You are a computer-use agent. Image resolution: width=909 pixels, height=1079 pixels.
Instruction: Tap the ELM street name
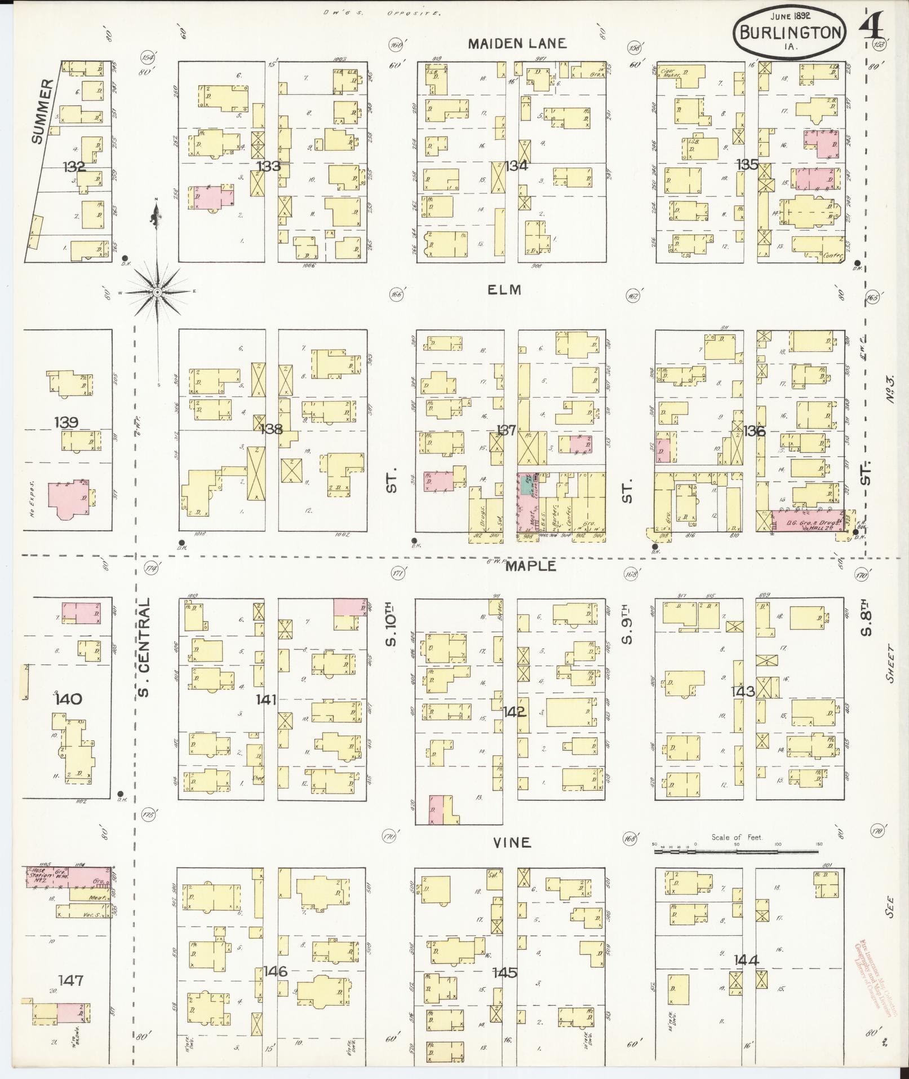(505, 290)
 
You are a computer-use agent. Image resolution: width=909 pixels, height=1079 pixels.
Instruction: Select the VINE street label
(511, 842)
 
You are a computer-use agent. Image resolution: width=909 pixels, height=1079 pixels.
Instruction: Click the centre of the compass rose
(158, 292)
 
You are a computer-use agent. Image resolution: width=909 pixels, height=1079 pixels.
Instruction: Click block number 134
(515, 166)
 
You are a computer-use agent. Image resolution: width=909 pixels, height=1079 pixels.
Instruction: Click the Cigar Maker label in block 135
(669, 73)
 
